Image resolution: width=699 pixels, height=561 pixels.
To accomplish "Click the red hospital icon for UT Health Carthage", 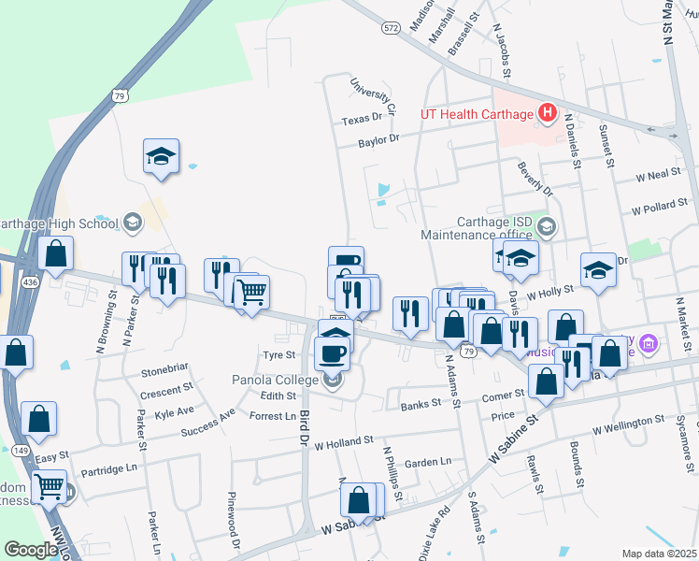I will pos(548,115).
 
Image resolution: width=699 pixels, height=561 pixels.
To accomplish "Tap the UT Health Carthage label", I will pos(476,115).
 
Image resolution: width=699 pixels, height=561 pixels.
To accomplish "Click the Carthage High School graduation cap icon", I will pos(131,222).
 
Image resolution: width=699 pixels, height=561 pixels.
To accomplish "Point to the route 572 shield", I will pos(391,29).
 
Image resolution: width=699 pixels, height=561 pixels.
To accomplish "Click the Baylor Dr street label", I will pos(379,140).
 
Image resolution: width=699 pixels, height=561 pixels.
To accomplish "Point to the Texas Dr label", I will pos(363,120).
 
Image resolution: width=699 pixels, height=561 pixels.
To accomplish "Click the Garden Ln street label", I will pos(427,462).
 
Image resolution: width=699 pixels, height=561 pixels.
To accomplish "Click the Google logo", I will pos(31,550).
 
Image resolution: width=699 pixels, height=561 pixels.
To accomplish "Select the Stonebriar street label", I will pos(165,371).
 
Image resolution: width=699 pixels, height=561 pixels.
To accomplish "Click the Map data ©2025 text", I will pos(658,554).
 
